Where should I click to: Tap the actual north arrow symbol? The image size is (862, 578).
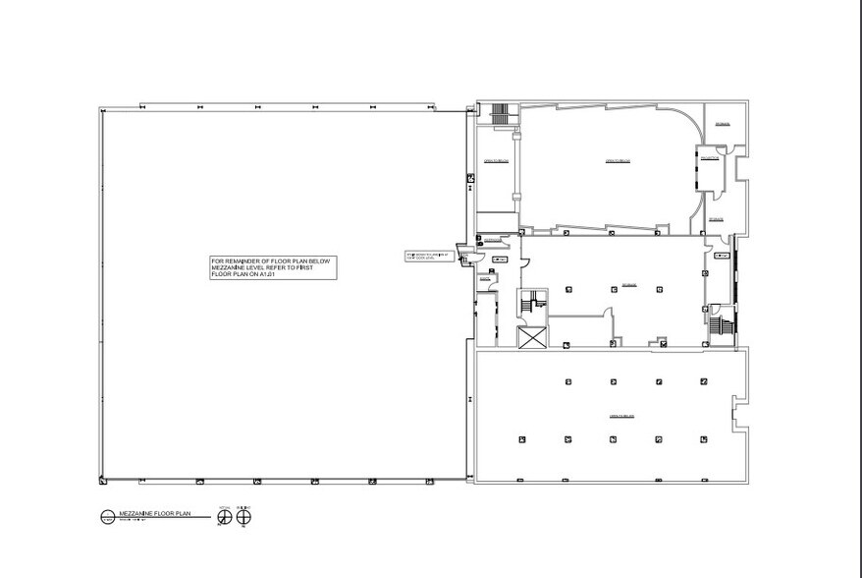coord(223,517)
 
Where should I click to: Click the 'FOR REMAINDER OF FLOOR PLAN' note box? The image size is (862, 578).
coord(273,268)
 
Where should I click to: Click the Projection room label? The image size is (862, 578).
coord(711,158)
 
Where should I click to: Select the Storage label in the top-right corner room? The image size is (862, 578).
coord(723,124)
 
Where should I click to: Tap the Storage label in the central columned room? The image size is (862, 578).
coord(630,284)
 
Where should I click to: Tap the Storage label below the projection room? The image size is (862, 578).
coord(716,218)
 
